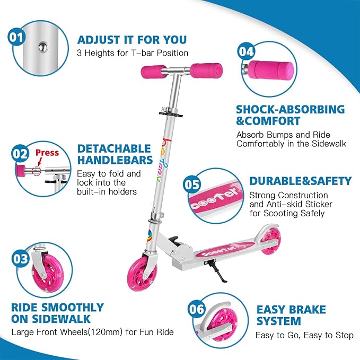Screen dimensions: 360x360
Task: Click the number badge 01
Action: pos(16,37)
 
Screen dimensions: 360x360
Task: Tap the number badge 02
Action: pos(20,154)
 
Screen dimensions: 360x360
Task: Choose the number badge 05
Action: pos(192,185)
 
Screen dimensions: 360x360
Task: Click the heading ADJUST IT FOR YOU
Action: pos(131,40)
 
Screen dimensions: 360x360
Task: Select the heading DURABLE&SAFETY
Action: pos(300,181)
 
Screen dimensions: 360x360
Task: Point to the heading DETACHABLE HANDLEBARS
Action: pos(115,155)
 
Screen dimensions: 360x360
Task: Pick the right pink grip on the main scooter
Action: pos(204,69)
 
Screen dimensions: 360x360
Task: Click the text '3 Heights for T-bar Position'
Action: pos(132,53)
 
